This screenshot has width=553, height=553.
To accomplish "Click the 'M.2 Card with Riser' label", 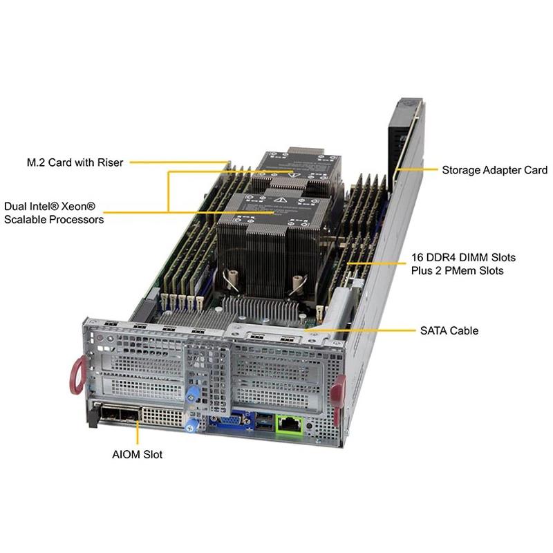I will point(75,162).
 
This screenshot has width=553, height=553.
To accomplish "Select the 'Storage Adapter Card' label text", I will point(494,170).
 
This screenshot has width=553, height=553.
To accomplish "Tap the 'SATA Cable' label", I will point(449,330).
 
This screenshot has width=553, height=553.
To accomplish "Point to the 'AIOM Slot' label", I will point(137,455).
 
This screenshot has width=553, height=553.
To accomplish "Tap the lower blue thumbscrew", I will point(194,422).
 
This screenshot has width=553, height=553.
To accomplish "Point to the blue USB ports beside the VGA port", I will point(263,420).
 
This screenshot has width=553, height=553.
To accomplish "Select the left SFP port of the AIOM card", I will point(111,415).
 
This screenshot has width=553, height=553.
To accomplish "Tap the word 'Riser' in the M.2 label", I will point(109,162).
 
